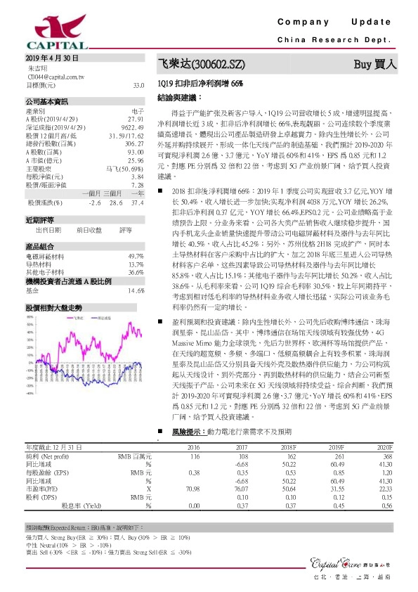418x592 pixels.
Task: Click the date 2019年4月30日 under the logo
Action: pos(51,58)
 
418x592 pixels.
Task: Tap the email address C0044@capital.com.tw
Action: pos(56,76)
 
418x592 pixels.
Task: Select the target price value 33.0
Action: pos(138,84)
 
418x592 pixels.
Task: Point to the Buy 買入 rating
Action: pos(376,64)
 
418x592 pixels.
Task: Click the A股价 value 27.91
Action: pos(136,120)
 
